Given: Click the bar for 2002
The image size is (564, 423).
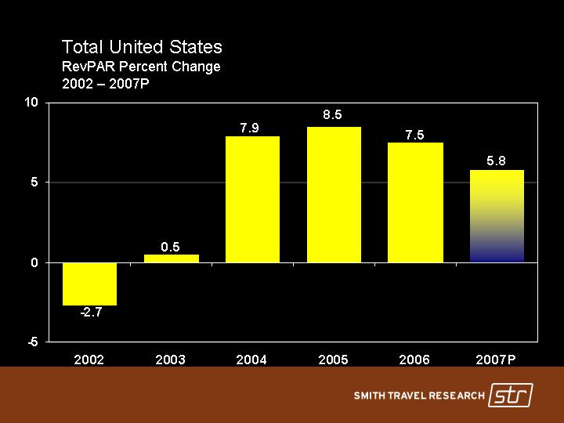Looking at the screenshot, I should pos(89,284).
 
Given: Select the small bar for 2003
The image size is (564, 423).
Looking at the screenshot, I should pos(171,258).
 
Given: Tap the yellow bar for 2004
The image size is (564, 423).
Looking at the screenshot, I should pos(252,200).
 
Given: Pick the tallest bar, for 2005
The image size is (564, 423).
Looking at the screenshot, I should pos(334,194).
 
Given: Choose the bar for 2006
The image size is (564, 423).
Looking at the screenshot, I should pos(415,202).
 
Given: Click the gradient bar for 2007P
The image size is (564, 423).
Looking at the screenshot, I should pos(497,215).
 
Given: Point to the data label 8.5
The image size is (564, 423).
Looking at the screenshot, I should pos(332,116).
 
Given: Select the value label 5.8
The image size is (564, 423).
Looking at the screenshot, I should pos(496,161).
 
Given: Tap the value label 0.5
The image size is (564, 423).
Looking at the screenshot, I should pos(171,246).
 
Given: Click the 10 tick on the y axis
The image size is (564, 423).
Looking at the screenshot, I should pos(31,103).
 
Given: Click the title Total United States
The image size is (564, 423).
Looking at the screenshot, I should pos(142,48).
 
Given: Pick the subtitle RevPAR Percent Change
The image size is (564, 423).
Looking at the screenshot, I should pos(141,67).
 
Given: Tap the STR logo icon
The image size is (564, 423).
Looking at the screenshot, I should pos(511,396).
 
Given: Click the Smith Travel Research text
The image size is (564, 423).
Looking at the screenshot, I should pos(419,396).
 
